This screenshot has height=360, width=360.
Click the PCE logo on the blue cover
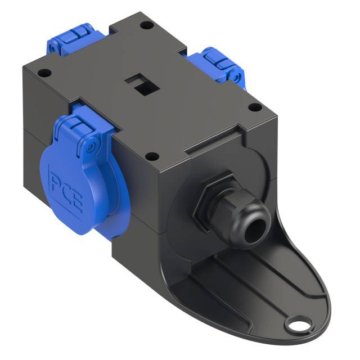tap(67, 188)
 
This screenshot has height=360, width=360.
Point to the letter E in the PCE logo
tap(76, 201)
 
